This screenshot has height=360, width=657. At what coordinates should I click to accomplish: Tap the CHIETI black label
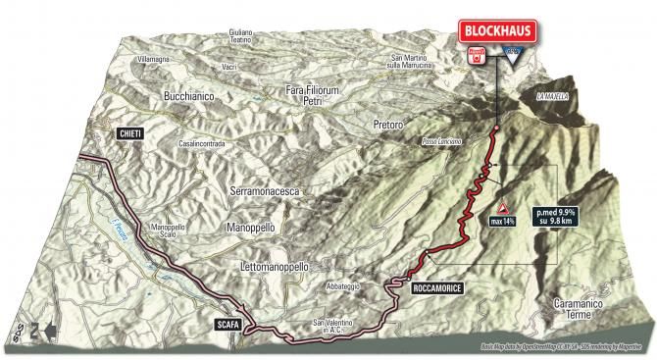click(129, 132)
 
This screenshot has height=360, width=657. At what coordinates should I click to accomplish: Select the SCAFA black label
click(229, 321)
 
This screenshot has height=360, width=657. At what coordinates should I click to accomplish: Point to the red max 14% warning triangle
click(505, 209)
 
